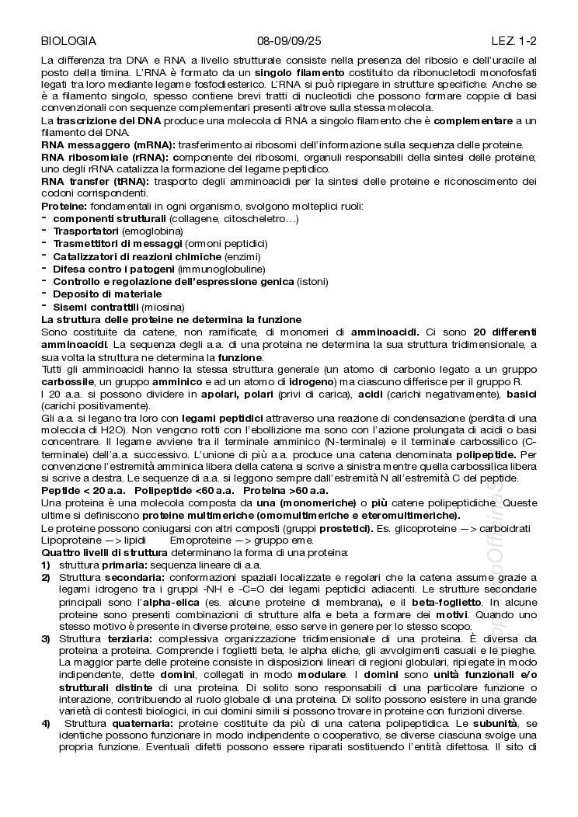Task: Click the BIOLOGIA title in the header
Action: click(x=68, y=41)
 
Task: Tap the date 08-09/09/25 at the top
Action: click(x=289, y=41)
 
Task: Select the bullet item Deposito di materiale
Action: click(x=107, y=294)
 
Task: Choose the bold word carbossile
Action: click(x=68, y=382)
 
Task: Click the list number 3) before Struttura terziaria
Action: click(x=46, y=638)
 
